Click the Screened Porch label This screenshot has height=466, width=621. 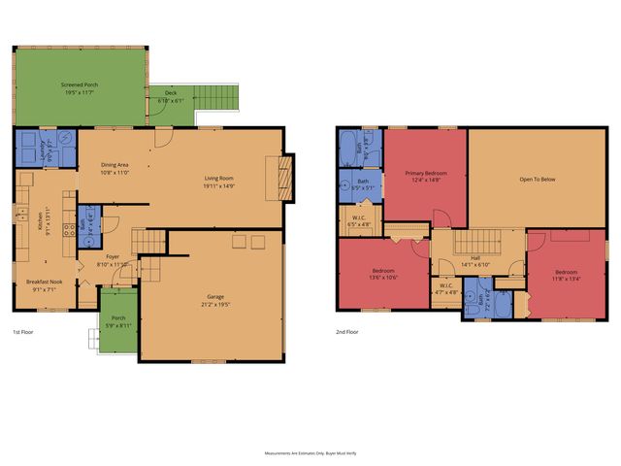[80, 84]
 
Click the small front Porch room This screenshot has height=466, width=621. [119, 321]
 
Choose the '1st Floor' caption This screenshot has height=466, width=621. [24, 331]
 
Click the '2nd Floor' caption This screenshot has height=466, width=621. [347, 331]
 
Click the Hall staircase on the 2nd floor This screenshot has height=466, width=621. [477, 242]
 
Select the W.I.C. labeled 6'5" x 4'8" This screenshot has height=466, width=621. [359, 221]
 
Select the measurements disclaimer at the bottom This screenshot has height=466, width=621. [310, 452]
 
